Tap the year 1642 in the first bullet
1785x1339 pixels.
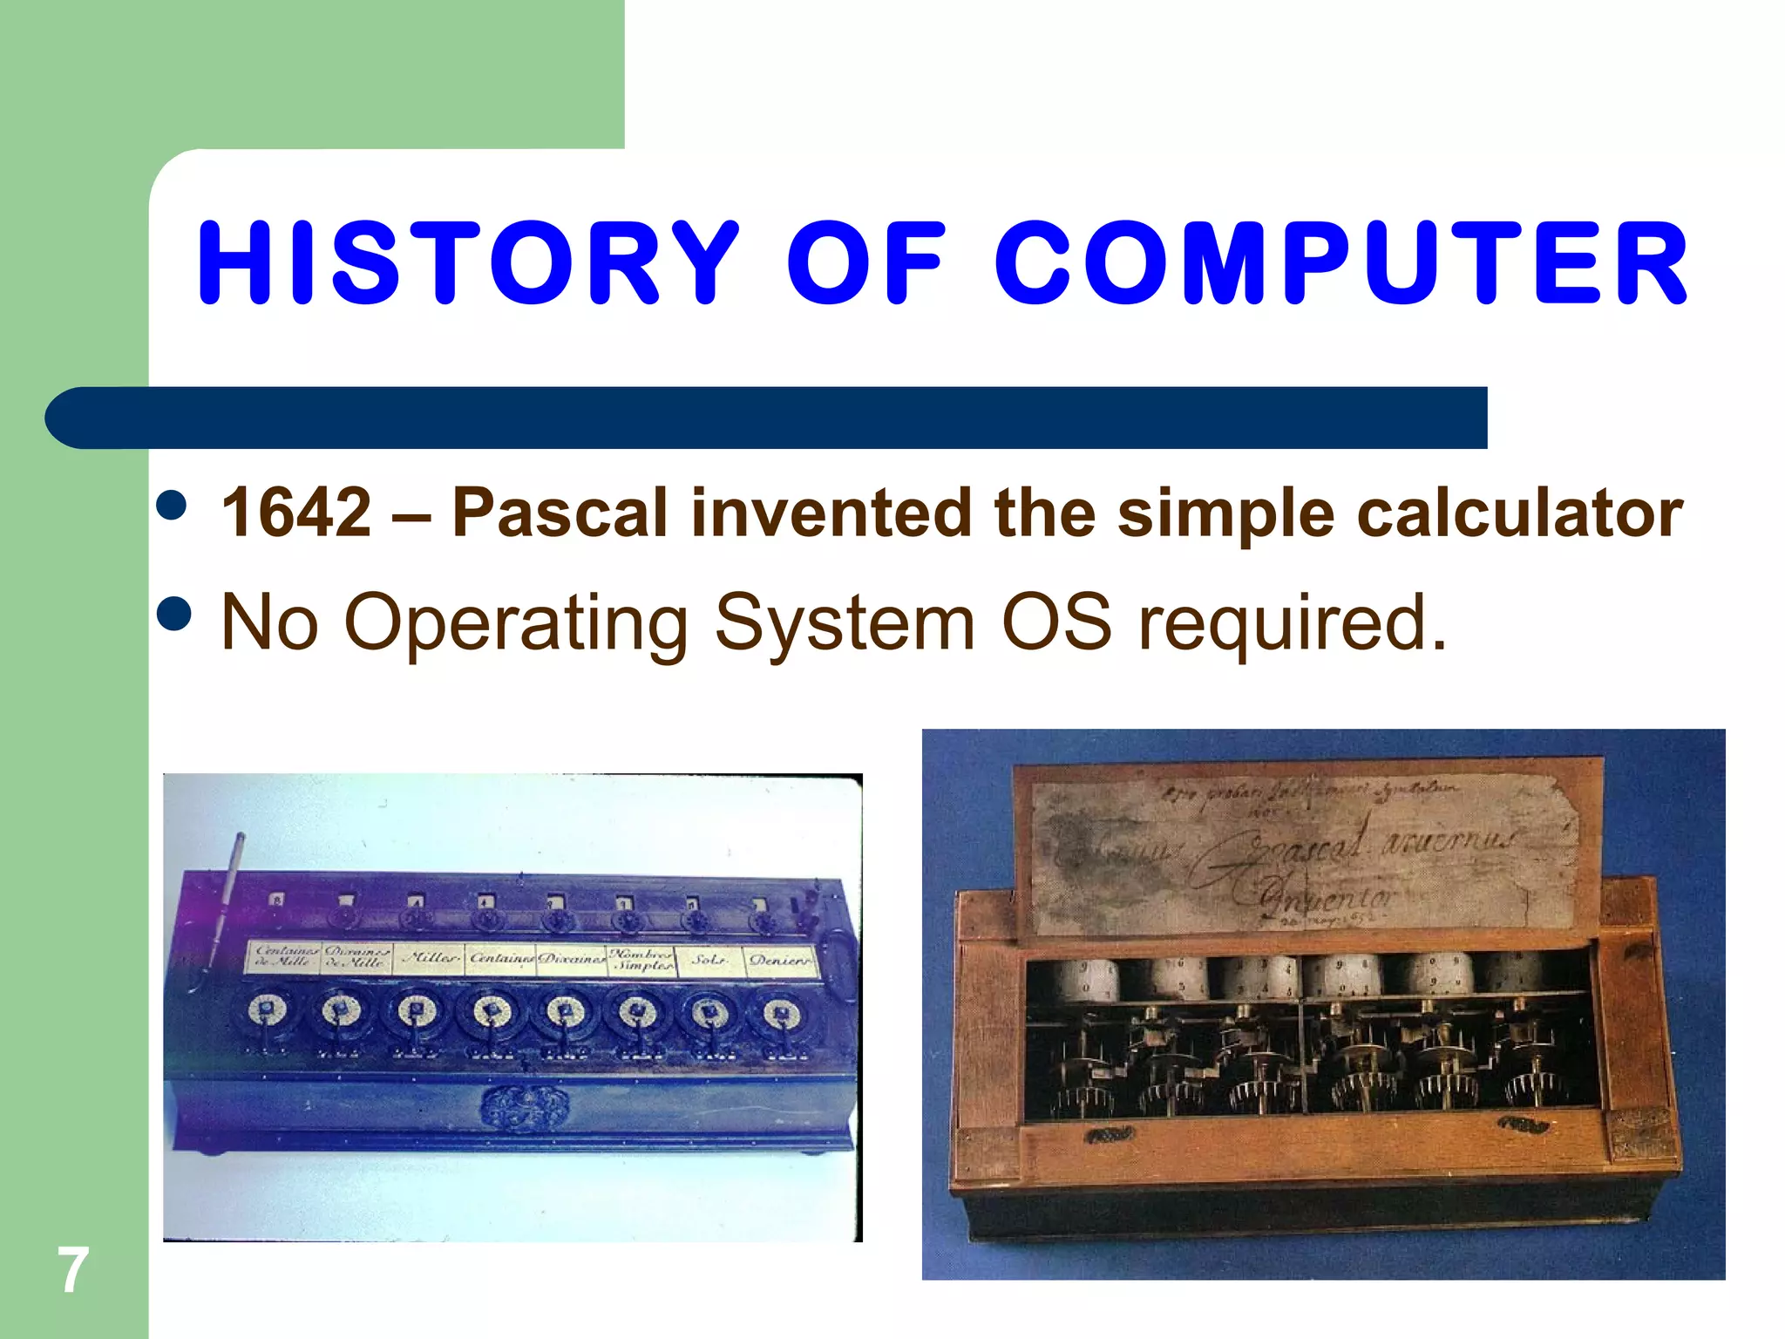pyautogui.click(x=296, y=513)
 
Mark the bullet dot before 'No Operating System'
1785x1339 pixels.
pyautogui.click(x=173, y=613)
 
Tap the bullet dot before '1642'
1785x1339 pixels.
pyautogui.click(x=172, y=504)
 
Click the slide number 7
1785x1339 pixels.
pyautogui.click(x=73, y=1271)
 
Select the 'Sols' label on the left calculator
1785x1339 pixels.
pyautogui.click(x=708, y=960)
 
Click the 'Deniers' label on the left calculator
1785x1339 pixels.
pyautogui.click(x=780, y=960)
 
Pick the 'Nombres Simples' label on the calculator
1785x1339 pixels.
pyautogui.click(x=642, y=960)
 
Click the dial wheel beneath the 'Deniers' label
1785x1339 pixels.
pyautogui.click(x=780, y=1014)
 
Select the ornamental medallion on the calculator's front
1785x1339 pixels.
pyautogui.click(x=523, y=1105)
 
